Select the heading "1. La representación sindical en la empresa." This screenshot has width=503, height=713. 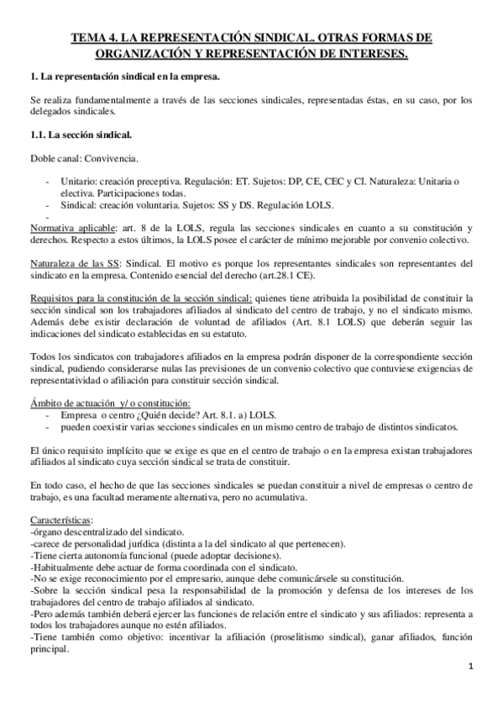[x=124, y=77]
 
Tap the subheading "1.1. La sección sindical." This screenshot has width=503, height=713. [x=80, y=135]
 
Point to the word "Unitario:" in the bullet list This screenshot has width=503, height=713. [x=80, y=182]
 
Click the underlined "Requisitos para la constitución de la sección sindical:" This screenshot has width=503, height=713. [x=140, y=298]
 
